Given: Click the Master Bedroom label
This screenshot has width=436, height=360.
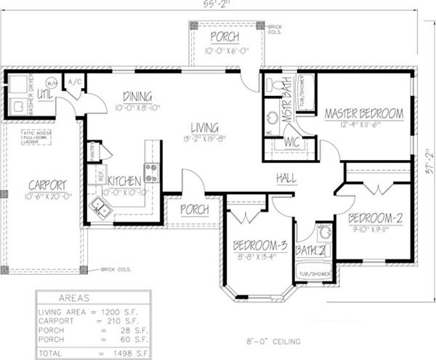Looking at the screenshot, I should pos(363,113).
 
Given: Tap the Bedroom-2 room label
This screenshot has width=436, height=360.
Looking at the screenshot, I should pos(375,217).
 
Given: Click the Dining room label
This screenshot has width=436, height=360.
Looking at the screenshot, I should pos(137,96).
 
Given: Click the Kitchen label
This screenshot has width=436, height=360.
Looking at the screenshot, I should pos(124,180).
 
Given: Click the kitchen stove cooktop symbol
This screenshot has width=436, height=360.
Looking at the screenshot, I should pos(151,172).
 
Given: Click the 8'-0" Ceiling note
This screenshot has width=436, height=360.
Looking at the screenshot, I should pos(272,340).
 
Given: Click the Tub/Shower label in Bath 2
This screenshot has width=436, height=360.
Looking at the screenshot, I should pos(314,274).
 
